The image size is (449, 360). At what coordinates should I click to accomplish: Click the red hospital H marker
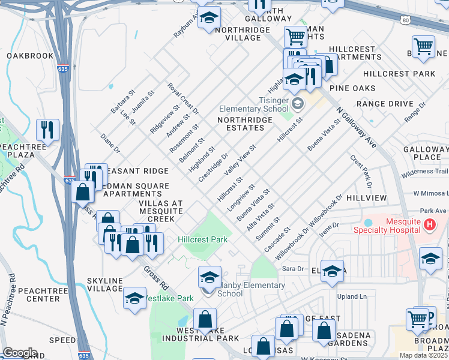coord(429,225)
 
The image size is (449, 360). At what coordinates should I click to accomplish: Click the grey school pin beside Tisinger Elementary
coord(297,104)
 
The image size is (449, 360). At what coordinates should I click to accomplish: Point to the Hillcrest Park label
coord(203,239)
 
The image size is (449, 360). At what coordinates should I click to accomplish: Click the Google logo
coord(20,352)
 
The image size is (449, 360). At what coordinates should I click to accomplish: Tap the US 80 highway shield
coord(406,20)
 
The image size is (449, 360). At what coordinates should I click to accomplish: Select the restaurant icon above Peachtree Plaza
coord(47,129)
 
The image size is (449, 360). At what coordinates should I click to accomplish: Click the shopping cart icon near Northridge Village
coord(295,37)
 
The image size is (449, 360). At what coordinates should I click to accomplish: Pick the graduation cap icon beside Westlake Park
coord(134,298)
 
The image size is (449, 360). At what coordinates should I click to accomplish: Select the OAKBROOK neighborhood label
coord(30,56)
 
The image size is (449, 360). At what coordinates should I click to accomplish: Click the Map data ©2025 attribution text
coord(423,355)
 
